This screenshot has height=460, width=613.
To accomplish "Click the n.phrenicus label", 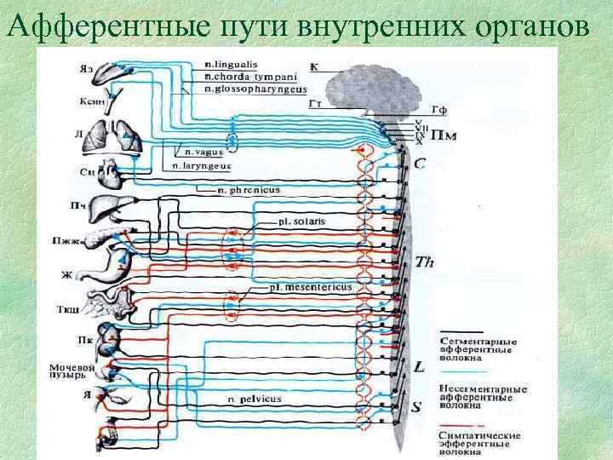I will point(248,191).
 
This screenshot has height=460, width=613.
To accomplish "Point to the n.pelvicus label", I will point(256,399).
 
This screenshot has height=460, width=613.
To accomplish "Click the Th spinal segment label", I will point(425,262).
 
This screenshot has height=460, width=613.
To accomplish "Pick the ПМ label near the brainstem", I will point(444,135).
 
